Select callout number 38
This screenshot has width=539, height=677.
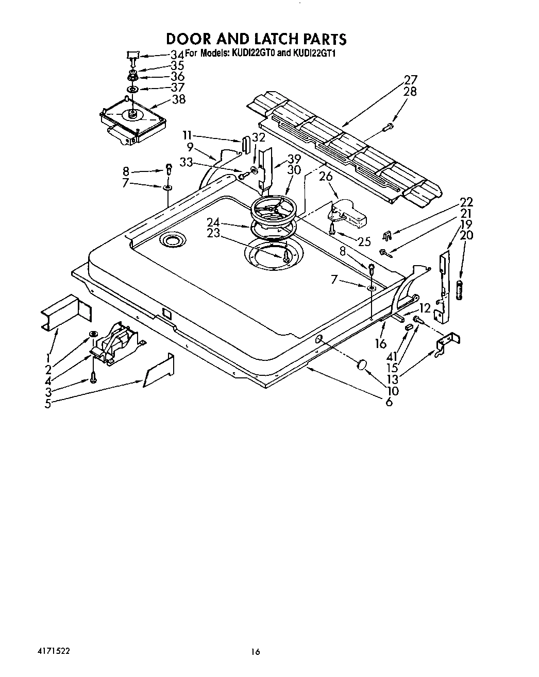coord(179,99)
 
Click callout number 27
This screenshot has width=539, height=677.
coord(410,80)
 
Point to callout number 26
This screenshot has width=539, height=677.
coord(326,176)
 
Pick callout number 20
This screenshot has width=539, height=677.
coord(466,236)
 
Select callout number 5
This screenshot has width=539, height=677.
coord(47,404)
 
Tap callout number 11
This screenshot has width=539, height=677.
coord(187,135)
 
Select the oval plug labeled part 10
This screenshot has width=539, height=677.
coord(362,365)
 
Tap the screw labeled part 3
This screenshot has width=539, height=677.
coord(93,378)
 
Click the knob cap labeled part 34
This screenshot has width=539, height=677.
coord(133,55)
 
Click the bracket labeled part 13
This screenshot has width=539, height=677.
coord(446,344)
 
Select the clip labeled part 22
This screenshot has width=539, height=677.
coord(388,236)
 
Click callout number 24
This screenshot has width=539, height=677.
coord(213,222)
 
